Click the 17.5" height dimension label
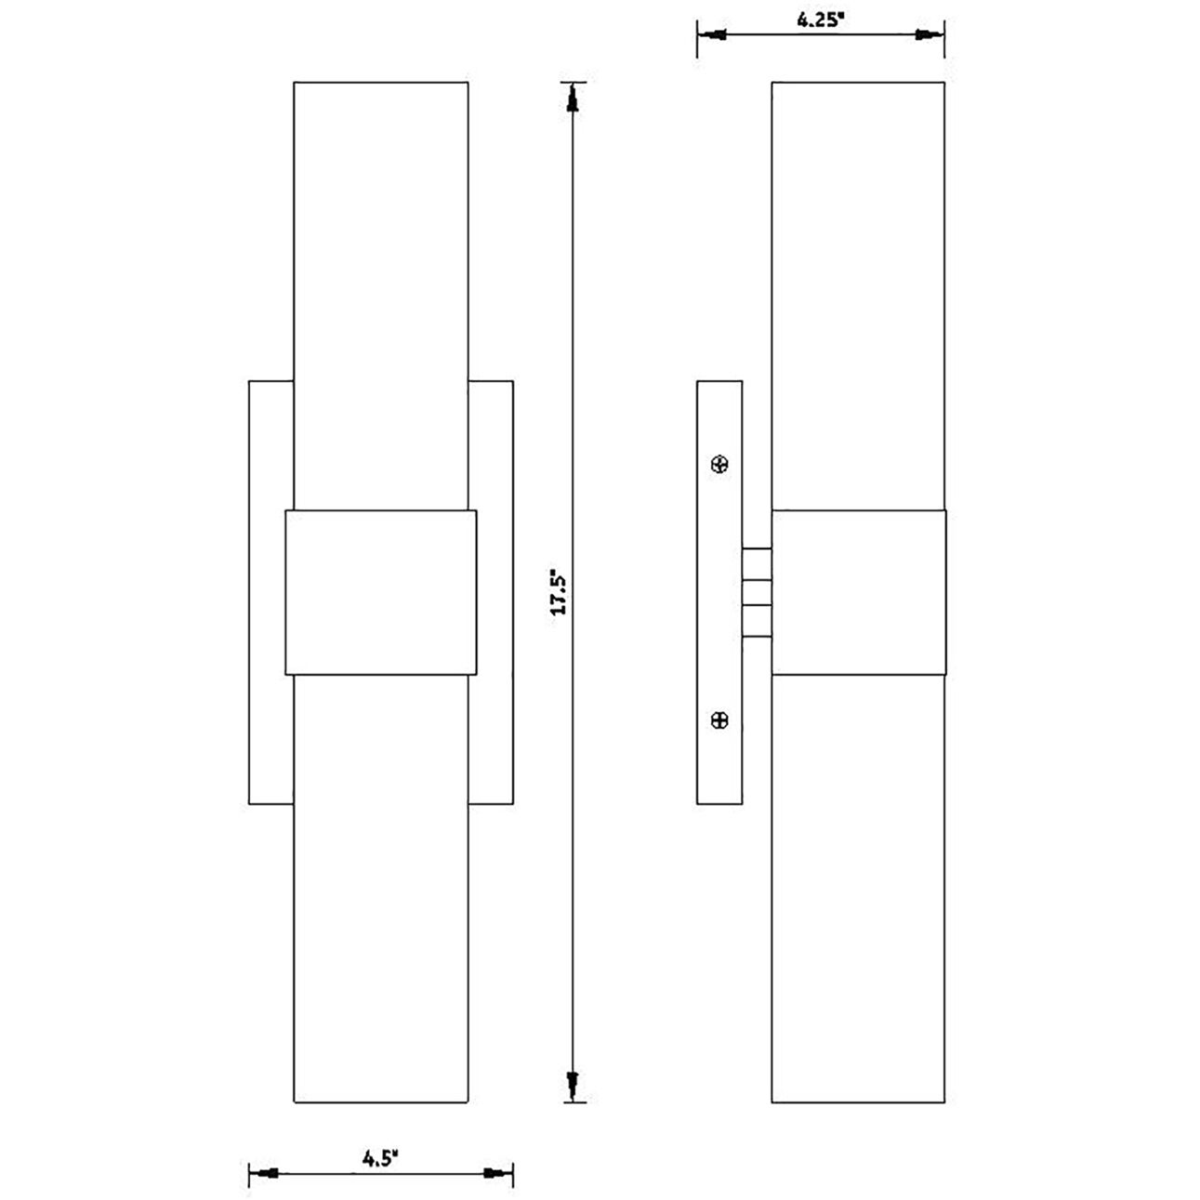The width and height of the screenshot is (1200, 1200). click(x=558, y=591)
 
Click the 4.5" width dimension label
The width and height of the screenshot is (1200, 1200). click(x=380, y=1158)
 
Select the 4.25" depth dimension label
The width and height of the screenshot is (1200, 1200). click(x=820, y=20)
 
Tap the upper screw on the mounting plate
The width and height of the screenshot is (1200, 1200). click(x=719, y=464)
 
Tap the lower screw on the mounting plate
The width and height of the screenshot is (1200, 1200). click(x=719, y=719)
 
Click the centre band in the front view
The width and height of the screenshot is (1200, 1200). click(x=380, y=591)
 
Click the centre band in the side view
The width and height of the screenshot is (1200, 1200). click(x=858, y=591)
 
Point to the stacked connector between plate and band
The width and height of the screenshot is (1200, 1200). click(x=757, y=592)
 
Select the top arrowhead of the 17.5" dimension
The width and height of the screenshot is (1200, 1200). click(x=574, y=98)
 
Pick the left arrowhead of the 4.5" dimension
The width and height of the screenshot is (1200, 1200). click(x=265, y=1173)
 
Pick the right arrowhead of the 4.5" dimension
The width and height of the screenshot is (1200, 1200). click(x=497, y=1173)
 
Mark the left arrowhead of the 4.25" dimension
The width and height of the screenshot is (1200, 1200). click(x=714, y=35)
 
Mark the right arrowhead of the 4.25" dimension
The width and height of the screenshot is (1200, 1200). click(x=928, y=35)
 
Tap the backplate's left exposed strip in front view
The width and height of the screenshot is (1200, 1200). click(x=270, y=591)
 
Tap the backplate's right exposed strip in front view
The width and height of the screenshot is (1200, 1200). click(x=493, y=591)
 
